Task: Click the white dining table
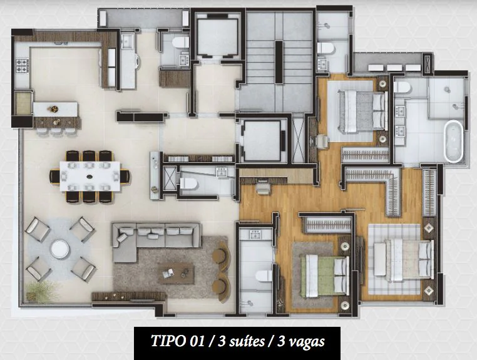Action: click(91, 176)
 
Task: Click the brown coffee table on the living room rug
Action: click(176, 272)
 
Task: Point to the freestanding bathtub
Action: click(453, 141)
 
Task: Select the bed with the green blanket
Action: click(325, 273)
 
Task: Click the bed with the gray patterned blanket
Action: click(361, 111)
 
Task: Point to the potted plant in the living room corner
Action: click(43, 291)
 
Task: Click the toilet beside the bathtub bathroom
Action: click(401, 88)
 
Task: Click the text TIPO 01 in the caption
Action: click(176, 342)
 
